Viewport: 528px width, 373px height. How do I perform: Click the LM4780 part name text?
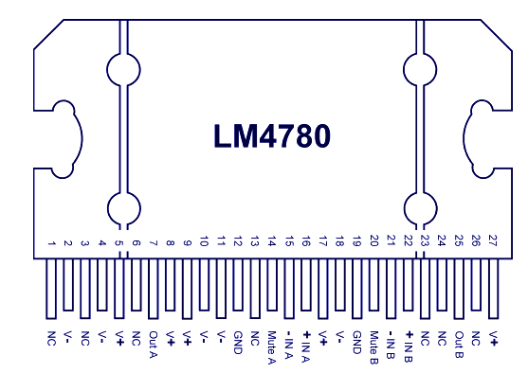coord(272,137)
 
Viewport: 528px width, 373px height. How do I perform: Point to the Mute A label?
coord(272,345)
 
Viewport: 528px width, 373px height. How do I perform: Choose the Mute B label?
coord(373,345)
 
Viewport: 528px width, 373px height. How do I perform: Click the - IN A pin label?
coord(289,345)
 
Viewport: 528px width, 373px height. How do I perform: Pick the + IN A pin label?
coord(306,345)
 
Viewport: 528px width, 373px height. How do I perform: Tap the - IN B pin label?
coord(391,345)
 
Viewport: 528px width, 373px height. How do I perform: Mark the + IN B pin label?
coord(408,345)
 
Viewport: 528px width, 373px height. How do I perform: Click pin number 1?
coord(51,245)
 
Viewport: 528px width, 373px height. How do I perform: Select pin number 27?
coord(493,243)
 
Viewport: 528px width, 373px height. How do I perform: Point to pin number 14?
coord(272,243)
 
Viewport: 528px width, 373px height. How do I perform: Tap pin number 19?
coord(356,243)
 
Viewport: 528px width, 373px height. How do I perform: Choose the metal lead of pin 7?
coord(153,289)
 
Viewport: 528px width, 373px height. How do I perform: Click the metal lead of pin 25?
coord(459,289)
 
